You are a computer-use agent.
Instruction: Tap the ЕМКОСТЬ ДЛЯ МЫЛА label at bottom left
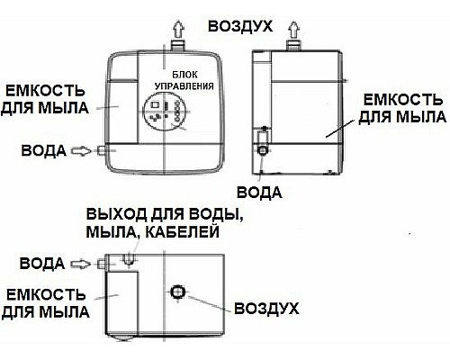click(46, 303)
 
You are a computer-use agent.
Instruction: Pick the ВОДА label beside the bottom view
click(40, 263)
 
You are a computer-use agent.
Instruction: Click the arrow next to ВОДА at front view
click(79, 151)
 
